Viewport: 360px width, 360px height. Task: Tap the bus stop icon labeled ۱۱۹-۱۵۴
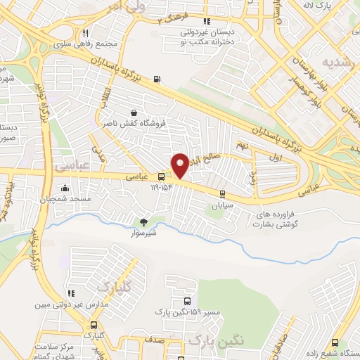pyautogui.click(x=162, y=177)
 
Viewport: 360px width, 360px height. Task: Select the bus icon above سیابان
pyautogui.click(x=223, y=194)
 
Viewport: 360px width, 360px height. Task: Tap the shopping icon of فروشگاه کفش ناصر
pyautogui.click(x=134, y=112)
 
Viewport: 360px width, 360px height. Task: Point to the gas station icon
pyautogui.click(x=155, y=79)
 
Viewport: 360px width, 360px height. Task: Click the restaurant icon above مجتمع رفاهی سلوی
pyautogui.click(x=85, y=33)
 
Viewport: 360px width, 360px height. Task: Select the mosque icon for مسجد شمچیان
pyautogui.click(x=65, y=188)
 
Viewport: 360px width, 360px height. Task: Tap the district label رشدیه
pyautogui.click(x=335, y=63)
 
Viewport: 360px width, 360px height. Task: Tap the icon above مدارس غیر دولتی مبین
pyautogui.click(x=70, y=293)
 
